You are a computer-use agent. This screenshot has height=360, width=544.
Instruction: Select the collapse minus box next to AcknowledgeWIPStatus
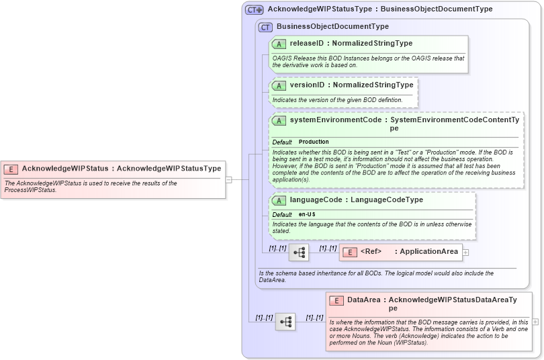(228, 179)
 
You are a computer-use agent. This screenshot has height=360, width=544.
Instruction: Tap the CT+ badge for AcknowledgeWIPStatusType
(254, 9)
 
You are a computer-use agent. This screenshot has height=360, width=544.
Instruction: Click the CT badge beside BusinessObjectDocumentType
(265, 27)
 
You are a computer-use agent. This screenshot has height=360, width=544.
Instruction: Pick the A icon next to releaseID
(279, 44)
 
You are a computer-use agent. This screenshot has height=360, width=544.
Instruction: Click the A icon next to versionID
(279, 85)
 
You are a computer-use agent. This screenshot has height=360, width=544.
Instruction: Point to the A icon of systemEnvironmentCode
(279, 120)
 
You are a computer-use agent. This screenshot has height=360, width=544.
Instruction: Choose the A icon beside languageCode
(279, 200)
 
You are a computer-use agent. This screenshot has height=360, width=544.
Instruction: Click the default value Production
(314, 142)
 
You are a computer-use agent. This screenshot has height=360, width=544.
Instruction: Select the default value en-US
(307, 214)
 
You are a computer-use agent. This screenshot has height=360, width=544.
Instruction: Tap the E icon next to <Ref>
(350, 252)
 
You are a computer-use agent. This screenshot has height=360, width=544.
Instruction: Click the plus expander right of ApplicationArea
(466, 253)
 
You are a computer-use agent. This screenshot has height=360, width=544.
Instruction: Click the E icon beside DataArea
(336, 300)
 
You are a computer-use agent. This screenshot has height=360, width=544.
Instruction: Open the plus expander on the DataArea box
(535, 322)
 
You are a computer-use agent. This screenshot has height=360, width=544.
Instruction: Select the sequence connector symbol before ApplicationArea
(299, 252)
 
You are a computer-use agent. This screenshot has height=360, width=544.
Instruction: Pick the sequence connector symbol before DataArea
(285, 322)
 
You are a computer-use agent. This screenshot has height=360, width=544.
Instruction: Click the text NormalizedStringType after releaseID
(372, 44)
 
